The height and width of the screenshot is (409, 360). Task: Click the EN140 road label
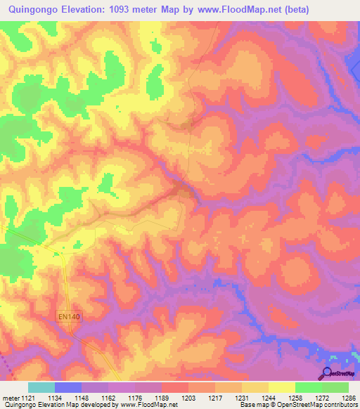pyautogui.click(x=70, y=318)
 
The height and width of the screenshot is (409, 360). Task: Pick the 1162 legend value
pyautogui.click(x=109, y=398)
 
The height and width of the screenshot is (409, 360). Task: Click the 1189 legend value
pyautogui.click(x=162, y=398)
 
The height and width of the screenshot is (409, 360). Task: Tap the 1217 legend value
pyautogui.click(x=216, y=398)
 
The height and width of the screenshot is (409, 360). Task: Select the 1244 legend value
pyautogui.click(x=269, y=398)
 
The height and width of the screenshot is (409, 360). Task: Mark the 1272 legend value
pyautogui.click(x=322, y=398)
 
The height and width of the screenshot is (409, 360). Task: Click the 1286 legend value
pyautogui.click(x=348, y=398)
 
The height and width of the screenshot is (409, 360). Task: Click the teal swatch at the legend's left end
pyautogui.click(x=41, y=387)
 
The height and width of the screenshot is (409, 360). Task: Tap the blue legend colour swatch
pyautogui.click(x=68, y=387)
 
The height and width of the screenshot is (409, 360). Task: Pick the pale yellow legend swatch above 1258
pyautogui.click(x=282, y=387)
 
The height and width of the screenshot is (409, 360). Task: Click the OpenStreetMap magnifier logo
pyautogui.click(x=328, y=372)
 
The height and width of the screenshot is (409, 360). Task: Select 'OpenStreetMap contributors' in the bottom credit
pyautogui.click(x=316, y=405)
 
